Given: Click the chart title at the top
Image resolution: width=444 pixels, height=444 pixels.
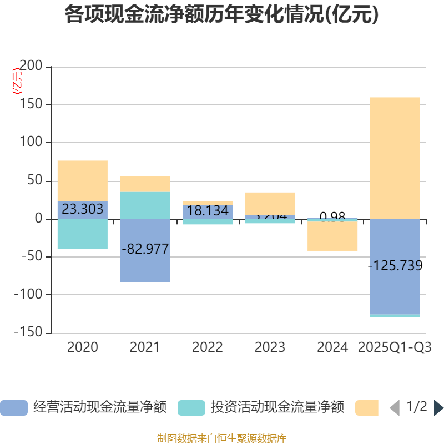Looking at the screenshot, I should [221, 14].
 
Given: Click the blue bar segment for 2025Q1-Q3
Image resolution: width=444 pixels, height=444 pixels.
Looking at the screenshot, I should [395, 289].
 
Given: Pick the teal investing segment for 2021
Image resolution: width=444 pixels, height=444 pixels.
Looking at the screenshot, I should [145, 205].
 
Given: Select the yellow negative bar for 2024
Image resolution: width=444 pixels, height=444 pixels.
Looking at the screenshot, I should [332, 236].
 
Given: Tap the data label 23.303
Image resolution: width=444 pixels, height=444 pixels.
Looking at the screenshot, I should [82, 209].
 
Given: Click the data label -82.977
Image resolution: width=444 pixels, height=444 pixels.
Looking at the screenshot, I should [145, 249].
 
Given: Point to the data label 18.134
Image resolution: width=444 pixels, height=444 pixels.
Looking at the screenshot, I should [208, 211].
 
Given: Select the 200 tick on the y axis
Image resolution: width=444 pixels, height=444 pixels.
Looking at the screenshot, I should [31, 67].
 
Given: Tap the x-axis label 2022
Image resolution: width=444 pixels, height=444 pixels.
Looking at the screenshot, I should [208, 347].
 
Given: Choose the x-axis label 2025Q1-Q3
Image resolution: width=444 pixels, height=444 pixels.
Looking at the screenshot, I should [395, 347].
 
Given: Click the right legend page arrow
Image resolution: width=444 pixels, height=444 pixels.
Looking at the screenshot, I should [438, 408].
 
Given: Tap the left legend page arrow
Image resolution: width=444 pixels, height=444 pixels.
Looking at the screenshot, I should [394, 408].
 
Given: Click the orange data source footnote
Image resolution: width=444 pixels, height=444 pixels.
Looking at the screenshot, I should [221, 438].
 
